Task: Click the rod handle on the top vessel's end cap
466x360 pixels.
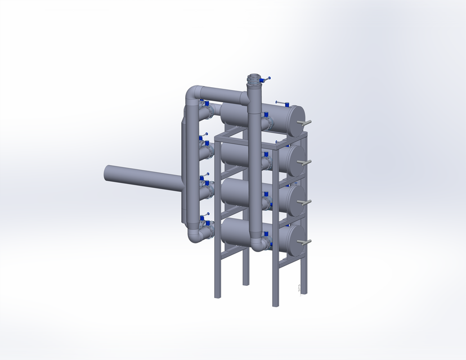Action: (x=307, y=122)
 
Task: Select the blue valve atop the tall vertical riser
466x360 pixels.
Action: (x=266, y=79)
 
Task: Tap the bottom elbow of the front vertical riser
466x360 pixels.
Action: (x=258, y=244)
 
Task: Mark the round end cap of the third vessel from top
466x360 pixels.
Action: (x=295, y=201)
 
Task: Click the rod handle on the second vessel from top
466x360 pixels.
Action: (x=306, y=163)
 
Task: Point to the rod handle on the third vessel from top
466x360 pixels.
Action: (x=306, y=202)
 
